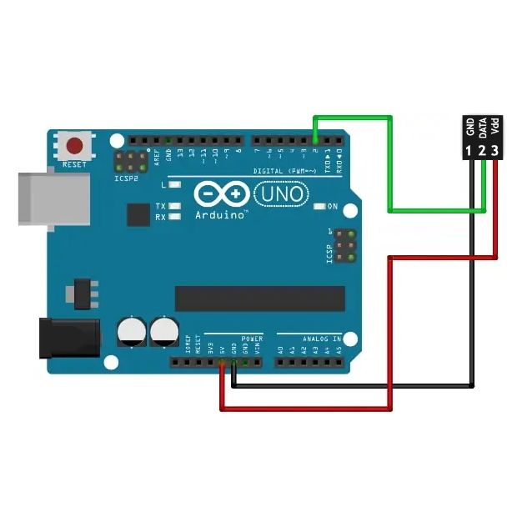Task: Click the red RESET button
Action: point(75,146)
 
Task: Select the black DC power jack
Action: point(70,337)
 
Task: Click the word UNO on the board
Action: point(280,194)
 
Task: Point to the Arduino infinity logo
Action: point(222,195)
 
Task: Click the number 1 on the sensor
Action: point(470,151)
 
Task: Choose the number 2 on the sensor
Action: point(482,151)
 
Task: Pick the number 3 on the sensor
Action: point(494,151)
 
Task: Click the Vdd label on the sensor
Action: point(494,128)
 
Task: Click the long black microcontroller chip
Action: point(259,298)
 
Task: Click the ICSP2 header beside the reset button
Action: point(132,160)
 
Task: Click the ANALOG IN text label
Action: point(321,339)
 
